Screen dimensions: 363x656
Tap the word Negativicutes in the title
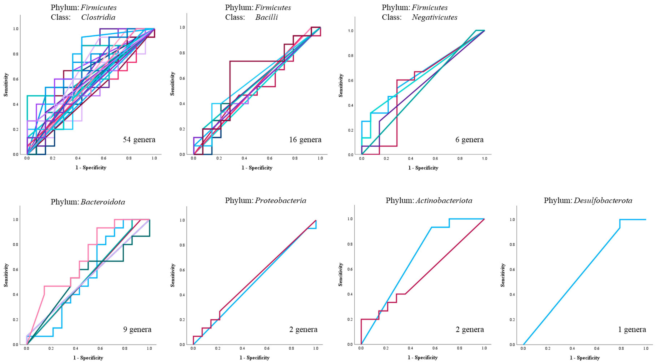point(434,17)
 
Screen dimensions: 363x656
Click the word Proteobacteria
point(280,201)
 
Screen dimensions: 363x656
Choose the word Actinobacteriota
point(444,201)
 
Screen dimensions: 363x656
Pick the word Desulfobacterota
point(603,201)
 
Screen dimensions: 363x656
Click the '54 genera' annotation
point(139,140)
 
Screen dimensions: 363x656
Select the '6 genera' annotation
point(469,140)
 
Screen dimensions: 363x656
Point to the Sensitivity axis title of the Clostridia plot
point(6,85)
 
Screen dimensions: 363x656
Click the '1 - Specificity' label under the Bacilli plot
point(257,168)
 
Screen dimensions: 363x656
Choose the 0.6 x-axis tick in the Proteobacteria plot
point(267,348)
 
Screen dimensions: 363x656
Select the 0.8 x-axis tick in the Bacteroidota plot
point(125,348)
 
